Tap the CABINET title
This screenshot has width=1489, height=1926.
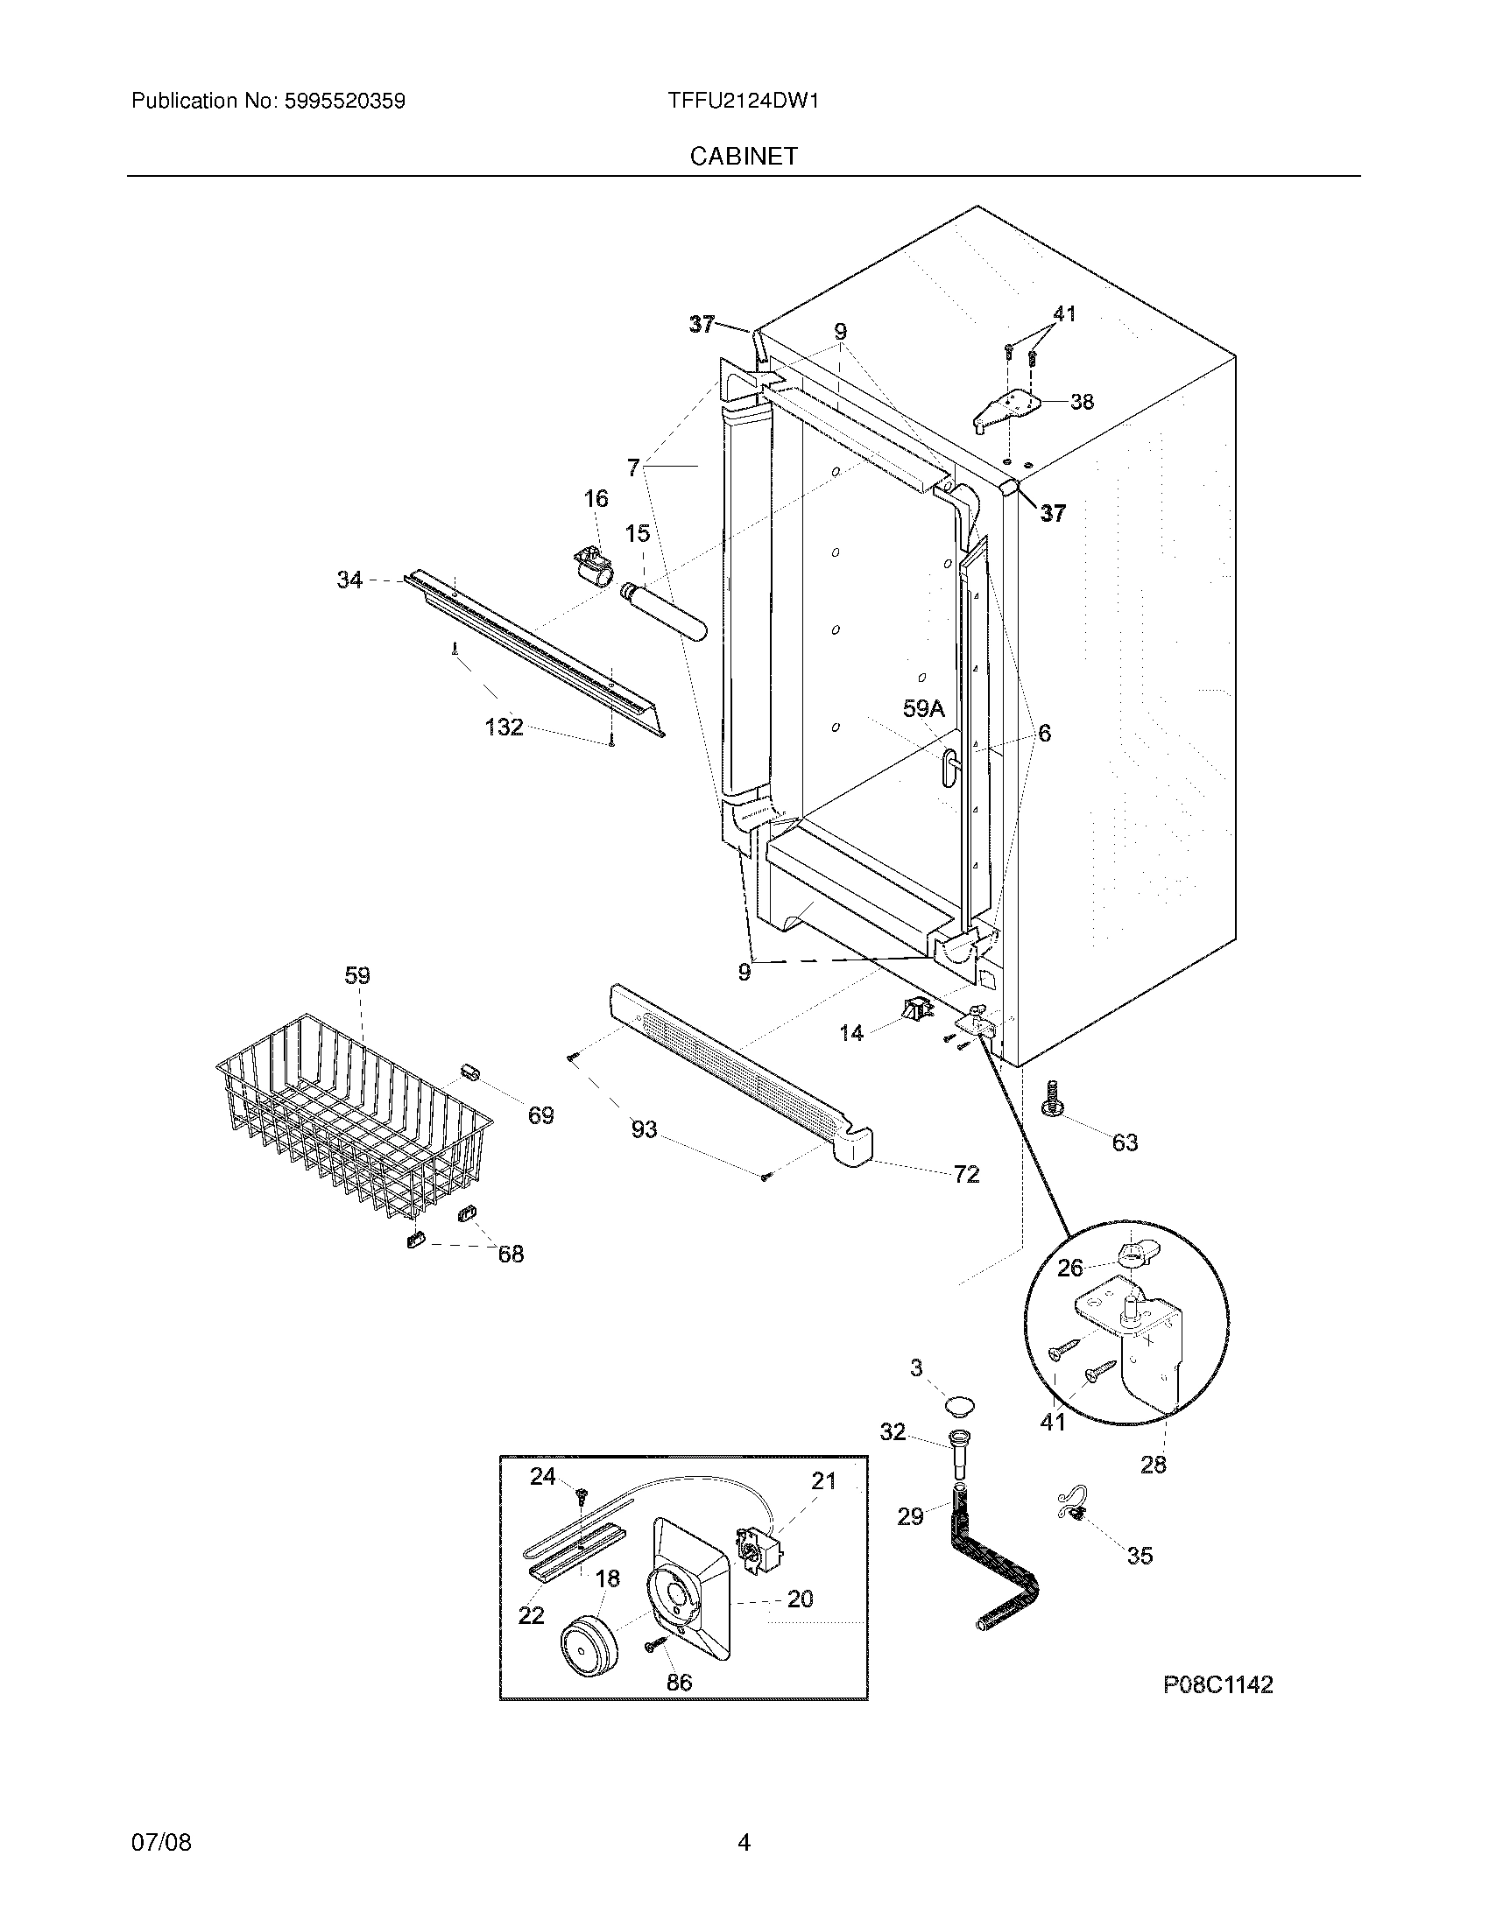[x=744, y=156]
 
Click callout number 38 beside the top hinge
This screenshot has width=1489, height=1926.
[x=1082, y=402]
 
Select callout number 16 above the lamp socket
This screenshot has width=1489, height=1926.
[x=596, y=499]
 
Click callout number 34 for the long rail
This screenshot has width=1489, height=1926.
[x=349, y=580]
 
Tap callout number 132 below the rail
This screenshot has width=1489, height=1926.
[x=505, y=728]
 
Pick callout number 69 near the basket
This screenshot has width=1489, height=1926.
[x=540, y=1115]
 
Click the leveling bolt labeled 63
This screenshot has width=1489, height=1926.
[x=1051, y=1100]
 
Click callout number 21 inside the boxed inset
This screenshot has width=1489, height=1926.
[x=823, y=1480]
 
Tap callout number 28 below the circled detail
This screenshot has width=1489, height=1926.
[x=1153, y=1465]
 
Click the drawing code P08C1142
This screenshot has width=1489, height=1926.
[x=1217, y=1685]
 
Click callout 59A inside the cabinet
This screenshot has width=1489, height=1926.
[x=923, y=708]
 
